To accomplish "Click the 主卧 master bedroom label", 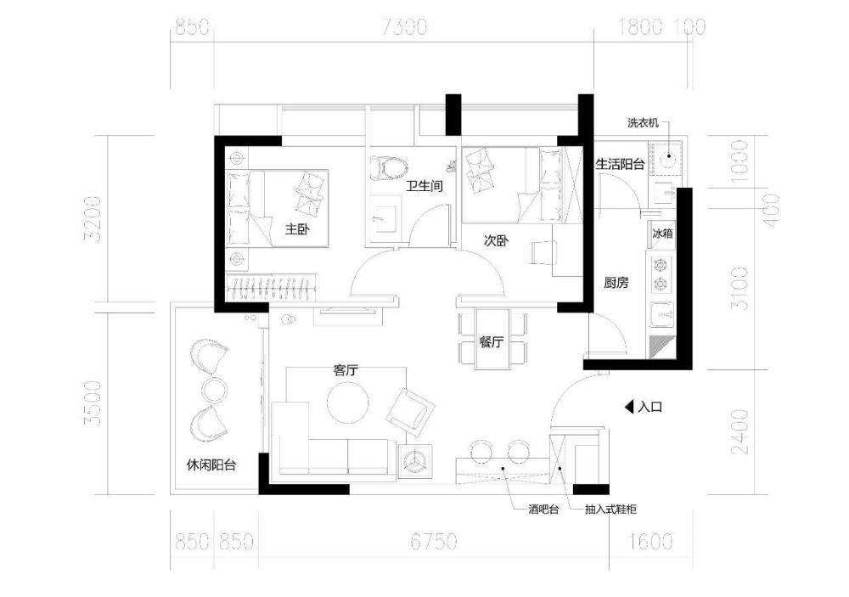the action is tap(297, 229).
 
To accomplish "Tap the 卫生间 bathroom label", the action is tap(425, 186).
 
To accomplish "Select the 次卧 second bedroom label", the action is tap(496, 240).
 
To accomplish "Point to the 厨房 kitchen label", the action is tap(616, 282).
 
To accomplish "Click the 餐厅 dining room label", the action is tap(491, 342).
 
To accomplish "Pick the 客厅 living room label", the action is tap(346, 370).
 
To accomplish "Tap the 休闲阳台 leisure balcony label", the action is tap(211, 465).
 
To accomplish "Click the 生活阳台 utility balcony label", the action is tap(620, 164).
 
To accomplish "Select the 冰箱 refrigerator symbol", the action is tap(662, 234).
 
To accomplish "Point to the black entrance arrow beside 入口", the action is tap(629, 407).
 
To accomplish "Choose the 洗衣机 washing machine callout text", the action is tap(643, 123).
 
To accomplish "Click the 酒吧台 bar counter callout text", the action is tap(543, 510).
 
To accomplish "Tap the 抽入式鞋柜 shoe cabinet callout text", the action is tap(610, 510).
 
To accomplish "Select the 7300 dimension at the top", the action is tap(404, 26).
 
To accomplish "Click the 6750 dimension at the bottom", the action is tap(433, 541).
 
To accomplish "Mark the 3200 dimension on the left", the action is tap(93, 219).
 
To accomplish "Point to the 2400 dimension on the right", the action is tap(739, 431).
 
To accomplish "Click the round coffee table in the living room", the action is tap(347, 403).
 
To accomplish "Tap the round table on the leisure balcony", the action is tap(214, 390).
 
